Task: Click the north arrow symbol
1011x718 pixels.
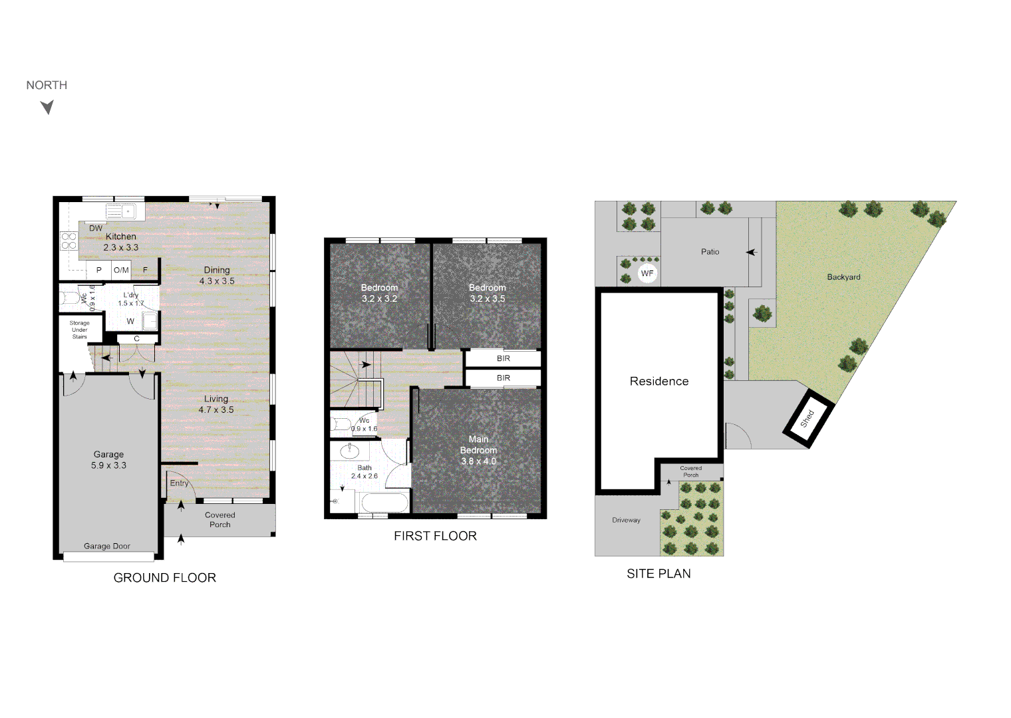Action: click(x=47, y=107)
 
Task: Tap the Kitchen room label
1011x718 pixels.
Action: click(x=120, y=237)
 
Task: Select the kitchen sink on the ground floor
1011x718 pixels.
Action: click(x=120, y=211)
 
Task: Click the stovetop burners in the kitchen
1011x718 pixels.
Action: click(x=69, y=241)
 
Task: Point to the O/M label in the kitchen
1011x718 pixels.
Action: click(x=121, y=270)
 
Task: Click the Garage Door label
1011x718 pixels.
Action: click(x=107, y=546)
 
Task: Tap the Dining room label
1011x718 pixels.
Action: click(x=217, y=270)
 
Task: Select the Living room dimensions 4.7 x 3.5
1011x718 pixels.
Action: click(x=216, y=410)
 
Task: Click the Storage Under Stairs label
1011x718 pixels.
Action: click(x=80, y=330)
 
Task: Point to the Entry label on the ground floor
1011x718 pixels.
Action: click(x=179, y=483)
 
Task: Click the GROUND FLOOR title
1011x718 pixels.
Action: click(x=165, y=578)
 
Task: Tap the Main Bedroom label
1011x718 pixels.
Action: click(x=478, y=445)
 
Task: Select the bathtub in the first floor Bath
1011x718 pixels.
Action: click(x=384, y=503)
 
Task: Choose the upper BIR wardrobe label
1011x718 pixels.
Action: click(x=504, y=358)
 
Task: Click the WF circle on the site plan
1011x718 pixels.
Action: click(x=647, y=273)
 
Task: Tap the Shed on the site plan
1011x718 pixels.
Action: click(x=808, y=418)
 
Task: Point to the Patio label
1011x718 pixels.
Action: click(x=710, y=252)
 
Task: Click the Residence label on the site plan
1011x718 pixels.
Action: click(x=659, y=381)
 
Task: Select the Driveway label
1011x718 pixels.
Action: click(x=626, y=520)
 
